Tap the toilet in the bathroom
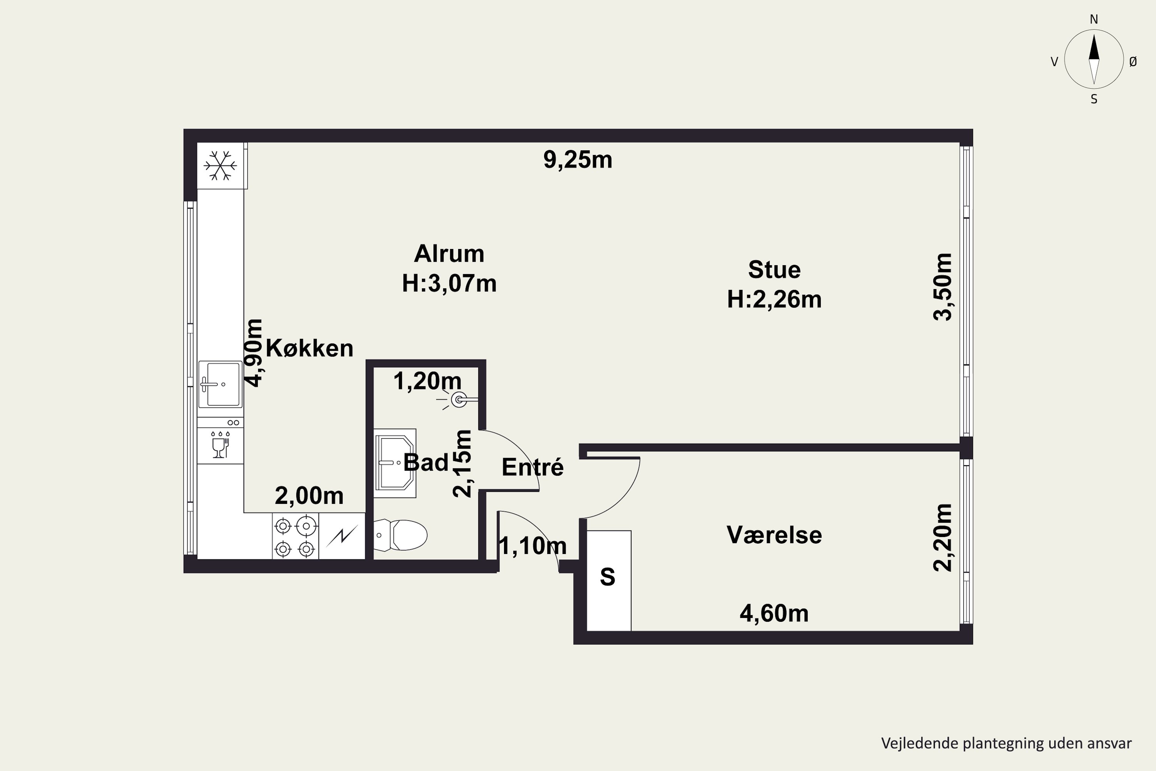(400, 535)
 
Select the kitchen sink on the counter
(220, 384)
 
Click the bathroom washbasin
(395, 463)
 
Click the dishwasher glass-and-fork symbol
(220, 445)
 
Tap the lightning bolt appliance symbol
(342, 535)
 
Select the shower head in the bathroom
(457, 400)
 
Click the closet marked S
(609, 580)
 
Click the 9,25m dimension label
(578, 160)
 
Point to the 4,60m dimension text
(774, 614)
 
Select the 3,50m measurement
(943, 287)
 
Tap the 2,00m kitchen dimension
(309, 496)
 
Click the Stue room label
(774, 269)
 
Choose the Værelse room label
(774, 535)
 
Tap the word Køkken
(310, 348)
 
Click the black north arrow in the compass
(1094, 47)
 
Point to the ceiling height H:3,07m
(449, 283)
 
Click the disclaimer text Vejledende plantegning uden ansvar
(1006, 744)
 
